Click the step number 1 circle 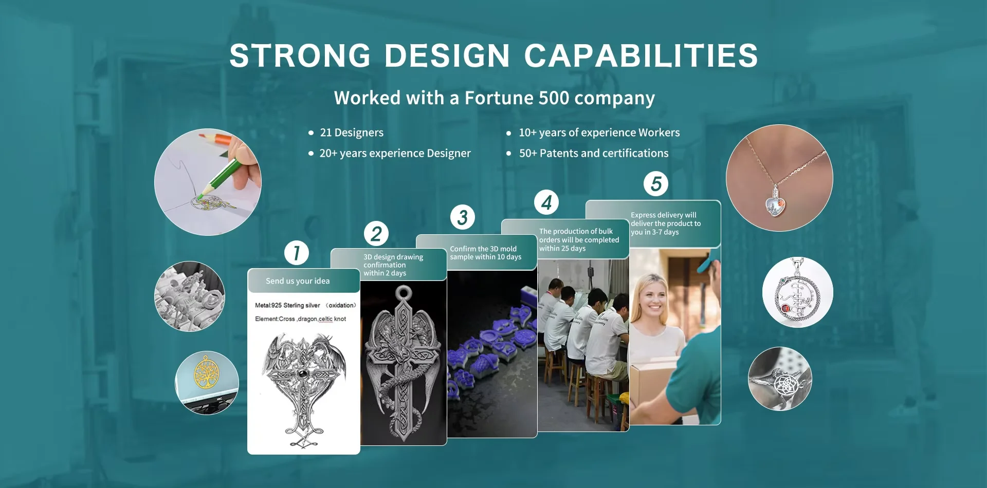pyautogui.click(x=297, y=253)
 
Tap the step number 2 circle pyautogui.click(x=376, y=234)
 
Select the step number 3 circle pyautogui.click(x=463, y=217)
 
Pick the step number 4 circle pyautogui.click(x=546, y=202)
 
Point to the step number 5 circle pyautogui.click(x=656, y=183)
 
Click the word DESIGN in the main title pyautogui.click(x=447, y=55)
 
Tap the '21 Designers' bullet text pyautogui.click(x=352, y=133)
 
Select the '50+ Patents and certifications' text pyautogui.click(x=594, y=153)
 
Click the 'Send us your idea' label pyautogui.click(x=298, y=281)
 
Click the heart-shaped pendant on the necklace pyautogui.click(x=775, y=204)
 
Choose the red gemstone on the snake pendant pyautogui.click(x=786, y=309)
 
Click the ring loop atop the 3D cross pyautogui.click(x=404, y=293)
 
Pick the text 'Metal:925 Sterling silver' pyautogui.click(x=287, y=305)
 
